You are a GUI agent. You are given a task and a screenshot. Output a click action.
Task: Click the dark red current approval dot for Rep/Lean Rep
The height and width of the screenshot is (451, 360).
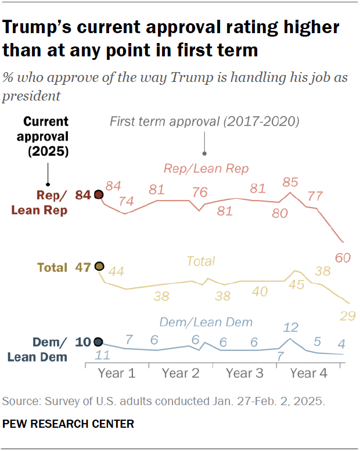(x=99, y=195)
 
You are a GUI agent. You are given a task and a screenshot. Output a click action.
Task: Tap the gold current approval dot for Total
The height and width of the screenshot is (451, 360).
(x=99, y=267)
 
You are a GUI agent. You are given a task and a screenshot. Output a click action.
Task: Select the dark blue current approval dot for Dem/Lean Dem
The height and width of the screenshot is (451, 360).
(x=98, y=342)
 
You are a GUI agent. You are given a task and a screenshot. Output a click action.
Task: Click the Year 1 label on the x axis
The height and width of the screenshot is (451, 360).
(x=116, y=373)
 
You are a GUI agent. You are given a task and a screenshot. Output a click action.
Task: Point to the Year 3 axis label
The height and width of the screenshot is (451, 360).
(x=244, y=373)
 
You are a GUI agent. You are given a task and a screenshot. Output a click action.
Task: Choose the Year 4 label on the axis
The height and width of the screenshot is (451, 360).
(x=308, y=373)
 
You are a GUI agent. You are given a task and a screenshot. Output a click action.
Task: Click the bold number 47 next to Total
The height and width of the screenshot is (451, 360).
(x=83, y=267)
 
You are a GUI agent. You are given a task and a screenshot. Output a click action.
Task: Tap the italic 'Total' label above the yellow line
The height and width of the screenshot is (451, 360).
(x=200, y=262)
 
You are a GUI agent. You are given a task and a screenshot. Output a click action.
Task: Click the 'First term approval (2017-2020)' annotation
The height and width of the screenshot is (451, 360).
(x=204, y=122)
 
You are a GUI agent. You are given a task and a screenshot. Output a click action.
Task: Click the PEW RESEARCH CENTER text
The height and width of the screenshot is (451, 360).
(x=68, y=424)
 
